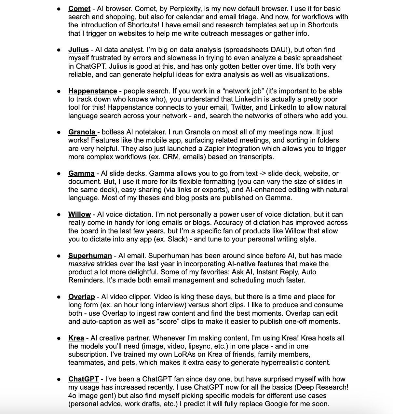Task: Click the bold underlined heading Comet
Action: pyautogui.click(x=79, y=9)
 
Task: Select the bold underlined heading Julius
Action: pyautogui.click(x=78, y=50)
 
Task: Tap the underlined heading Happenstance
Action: pyautogui.click(x=92, y=91)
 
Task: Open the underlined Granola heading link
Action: pyautogui.click(x=82, y=132)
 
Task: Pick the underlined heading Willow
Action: pyautogui.click(x=79, y=214)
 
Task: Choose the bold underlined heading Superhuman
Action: pyautogui.click(x=90, y=256)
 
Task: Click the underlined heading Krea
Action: pyautogui.click(x=76, y=338)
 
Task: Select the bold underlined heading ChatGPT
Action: pyautogui.click(x=83, y=379)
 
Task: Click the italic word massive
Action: pyautogui.click(x=81, y=264)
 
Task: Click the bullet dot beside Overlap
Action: pyautogui.click(x=59, y=297)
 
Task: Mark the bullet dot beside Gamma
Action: pyautogui.click(x=59, y=173)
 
